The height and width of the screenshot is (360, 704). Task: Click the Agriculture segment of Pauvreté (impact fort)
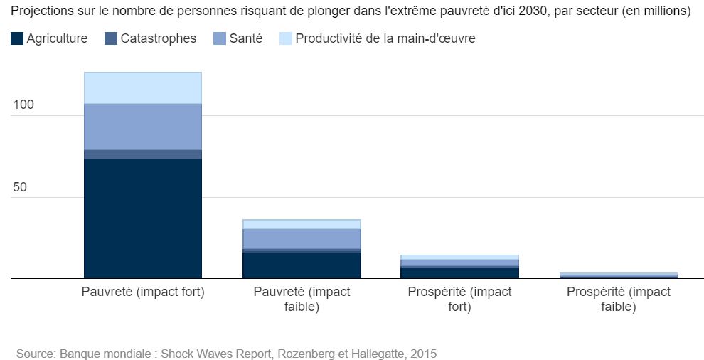143,218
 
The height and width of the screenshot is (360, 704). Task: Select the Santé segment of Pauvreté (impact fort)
143,126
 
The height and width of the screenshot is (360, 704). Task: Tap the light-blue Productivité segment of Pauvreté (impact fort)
143,88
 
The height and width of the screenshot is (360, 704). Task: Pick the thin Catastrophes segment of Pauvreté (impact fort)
143,154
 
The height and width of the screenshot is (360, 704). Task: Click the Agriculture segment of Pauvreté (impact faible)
302,265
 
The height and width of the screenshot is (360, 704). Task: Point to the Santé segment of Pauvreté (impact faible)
302,238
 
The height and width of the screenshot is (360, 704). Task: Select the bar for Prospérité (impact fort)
459,268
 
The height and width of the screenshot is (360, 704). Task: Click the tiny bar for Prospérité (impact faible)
618,275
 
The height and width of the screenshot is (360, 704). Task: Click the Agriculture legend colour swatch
16,39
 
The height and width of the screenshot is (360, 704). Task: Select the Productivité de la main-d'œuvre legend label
385,39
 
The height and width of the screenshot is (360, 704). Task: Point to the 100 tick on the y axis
24,105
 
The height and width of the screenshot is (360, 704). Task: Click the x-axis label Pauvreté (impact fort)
143,292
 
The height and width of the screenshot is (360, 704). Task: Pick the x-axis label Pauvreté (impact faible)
302,300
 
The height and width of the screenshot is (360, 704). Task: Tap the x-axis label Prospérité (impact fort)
459,300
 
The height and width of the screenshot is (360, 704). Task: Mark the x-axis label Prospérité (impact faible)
618,300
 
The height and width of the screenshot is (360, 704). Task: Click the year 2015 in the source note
423,353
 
